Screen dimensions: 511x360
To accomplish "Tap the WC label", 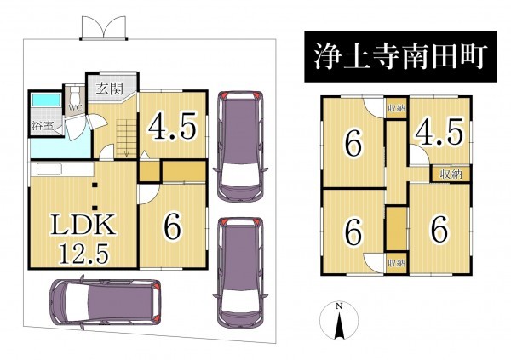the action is [x=75, y=107].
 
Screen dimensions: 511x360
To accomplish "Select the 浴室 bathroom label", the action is [x=43, y=125].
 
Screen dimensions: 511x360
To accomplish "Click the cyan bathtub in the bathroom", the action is [x=46, y=100].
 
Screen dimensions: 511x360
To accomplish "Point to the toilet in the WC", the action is [x=75, y=94].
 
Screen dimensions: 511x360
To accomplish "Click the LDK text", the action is [x=83, y=225].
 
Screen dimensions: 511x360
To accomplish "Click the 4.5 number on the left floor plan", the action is [x=173, y=125].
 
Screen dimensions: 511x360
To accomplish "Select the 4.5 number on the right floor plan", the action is [x=438, y=131].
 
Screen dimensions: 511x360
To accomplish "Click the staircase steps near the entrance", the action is [x=126, y=138].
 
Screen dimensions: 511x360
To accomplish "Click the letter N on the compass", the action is [x=339, y=306].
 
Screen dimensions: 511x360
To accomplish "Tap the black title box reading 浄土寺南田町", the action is [x=400, y=56].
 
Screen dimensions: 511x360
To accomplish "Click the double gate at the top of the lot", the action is [x=104, y=29].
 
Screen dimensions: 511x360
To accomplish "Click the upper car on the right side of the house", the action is [x=240, y=146].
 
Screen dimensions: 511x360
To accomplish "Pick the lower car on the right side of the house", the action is [x=240, y=273].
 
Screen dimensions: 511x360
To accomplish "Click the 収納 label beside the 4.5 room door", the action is [x=451, y=174].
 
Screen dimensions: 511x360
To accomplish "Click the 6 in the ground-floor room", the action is [x=172, y=227].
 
